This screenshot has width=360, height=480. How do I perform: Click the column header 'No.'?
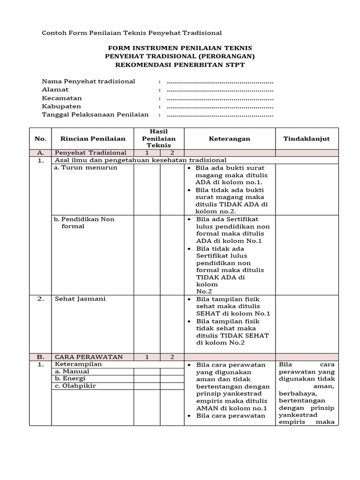(40, 139)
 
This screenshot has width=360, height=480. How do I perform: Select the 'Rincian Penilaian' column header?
(93, 139)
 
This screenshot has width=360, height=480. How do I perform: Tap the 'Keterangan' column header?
(229, 139)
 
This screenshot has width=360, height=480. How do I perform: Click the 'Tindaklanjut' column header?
(307, 139)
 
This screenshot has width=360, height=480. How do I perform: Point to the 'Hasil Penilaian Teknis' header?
(159, 138)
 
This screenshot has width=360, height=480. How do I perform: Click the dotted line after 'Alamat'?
(220, 90)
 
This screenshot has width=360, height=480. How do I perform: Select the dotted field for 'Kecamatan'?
(220, 98)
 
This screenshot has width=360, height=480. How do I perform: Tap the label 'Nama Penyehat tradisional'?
(89, 81)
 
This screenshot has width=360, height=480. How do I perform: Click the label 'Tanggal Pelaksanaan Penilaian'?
(95, 114)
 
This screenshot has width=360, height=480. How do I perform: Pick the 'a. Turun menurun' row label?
(86, 167)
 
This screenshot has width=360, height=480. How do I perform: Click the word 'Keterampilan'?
(78, 364)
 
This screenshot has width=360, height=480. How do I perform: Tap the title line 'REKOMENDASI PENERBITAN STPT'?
(180, 65)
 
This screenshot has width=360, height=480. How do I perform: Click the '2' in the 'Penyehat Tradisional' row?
(172, 153)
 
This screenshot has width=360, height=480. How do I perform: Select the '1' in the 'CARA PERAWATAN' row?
(147, 357)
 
